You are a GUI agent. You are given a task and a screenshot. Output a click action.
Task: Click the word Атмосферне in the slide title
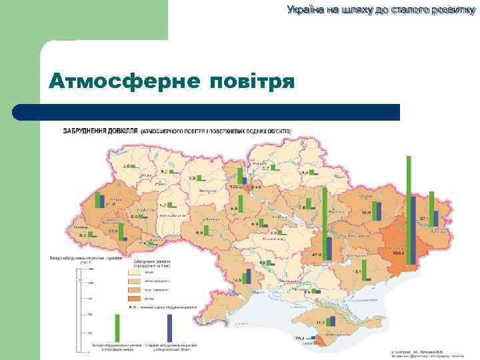(123, 82)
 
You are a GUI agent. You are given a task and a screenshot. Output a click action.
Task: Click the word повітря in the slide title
(252, 82)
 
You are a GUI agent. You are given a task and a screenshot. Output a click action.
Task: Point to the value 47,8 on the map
(316, 255)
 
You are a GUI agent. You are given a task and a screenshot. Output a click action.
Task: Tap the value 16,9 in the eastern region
(366, 213)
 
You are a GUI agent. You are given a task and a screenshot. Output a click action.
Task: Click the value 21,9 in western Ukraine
(113, 231)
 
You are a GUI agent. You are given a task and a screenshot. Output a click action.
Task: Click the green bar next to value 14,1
(369, 266)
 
